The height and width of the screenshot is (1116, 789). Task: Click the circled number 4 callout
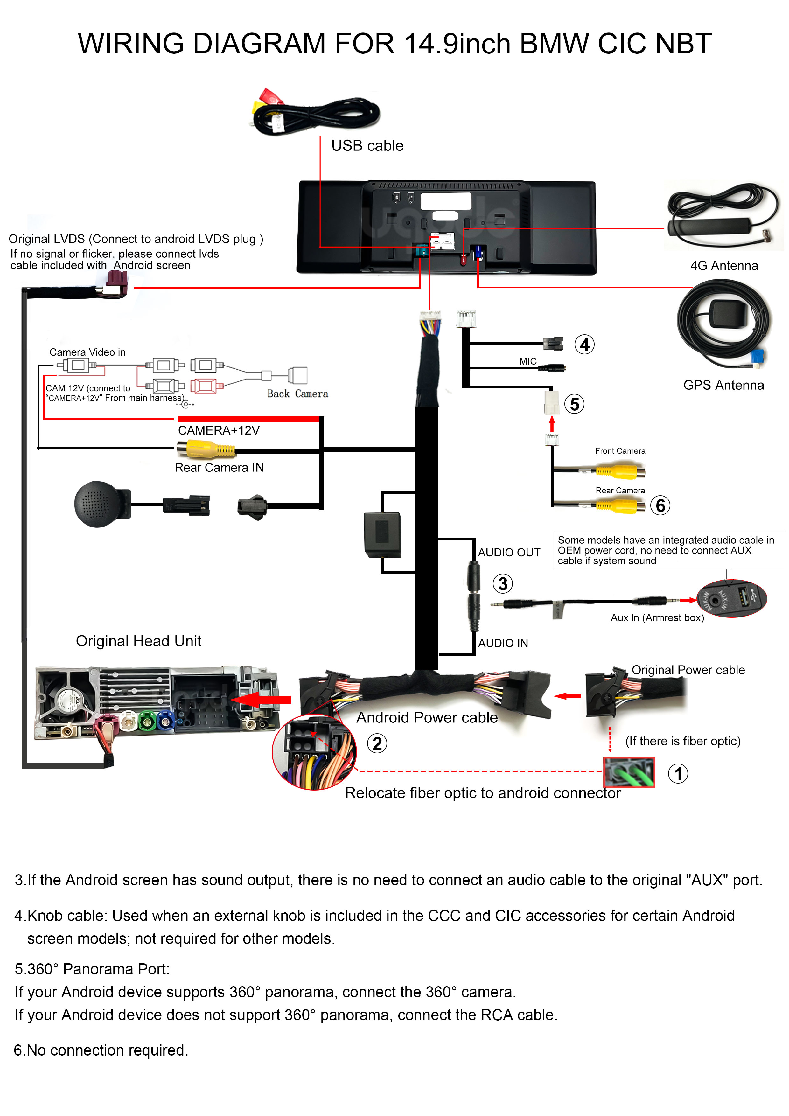pos(584,345)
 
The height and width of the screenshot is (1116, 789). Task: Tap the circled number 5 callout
pos(574,404)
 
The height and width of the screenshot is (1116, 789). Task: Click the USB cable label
pos(367,146)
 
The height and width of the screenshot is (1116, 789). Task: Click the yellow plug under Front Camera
pos(620,471)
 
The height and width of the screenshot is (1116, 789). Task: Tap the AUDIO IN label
pos(503,643)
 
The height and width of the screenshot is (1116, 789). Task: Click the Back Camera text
pos(297,394)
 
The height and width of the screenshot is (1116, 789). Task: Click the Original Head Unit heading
pos(138,641)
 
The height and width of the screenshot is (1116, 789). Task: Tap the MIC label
pos(527,361)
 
